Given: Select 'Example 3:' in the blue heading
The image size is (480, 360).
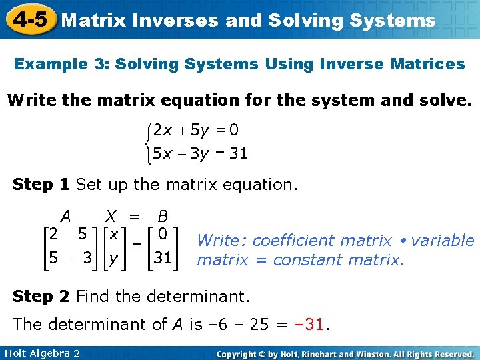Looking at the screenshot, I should (x=61, y=64).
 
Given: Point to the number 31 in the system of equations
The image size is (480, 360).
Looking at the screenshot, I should (x=238, y=153).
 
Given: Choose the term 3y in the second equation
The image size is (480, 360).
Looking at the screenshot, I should (x=199, y=153).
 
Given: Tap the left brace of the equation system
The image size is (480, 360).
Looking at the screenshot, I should (x=149, y=141).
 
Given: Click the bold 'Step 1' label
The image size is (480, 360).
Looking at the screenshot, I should (x=41, y=184).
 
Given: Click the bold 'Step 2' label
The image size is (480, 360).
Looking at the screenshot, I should (x=41, y=295).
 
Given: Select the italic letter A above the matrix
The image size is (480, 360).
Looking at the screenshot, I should (x=65, y=216).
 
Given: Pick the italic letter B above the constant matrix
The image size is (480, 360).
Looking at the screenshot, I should (x=163, y=216).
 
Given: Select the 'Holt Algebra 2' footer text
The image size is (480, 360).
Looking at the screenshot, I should (x=41, y=353).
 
